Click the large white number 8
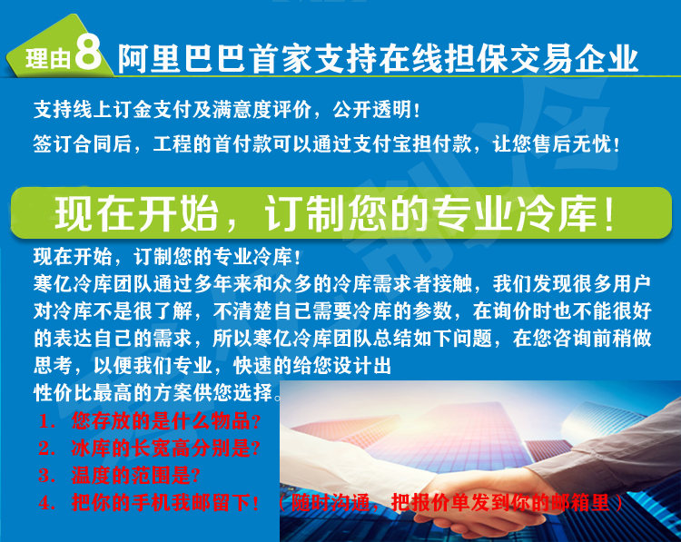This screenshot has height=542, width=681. tap(88, 52)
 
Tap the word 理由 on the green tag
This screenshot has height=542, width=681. tap(48, 58)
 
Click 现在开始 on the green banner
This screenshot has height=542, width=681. tap(136, 213)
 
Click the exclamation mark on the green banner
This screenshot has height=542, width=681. tap(609, 214)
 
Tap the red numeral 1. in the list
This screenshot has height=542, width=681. tap(46, 421)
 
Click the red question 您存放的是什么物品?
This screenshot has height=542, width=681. tap(166, 421)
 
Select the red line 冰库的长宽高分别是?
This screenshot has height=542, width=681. tap(166, 448)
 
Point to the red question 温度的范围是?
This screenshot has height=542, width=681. tap(136, 476)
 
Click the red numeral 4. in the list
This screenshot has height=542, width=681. tap(46, 503)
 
